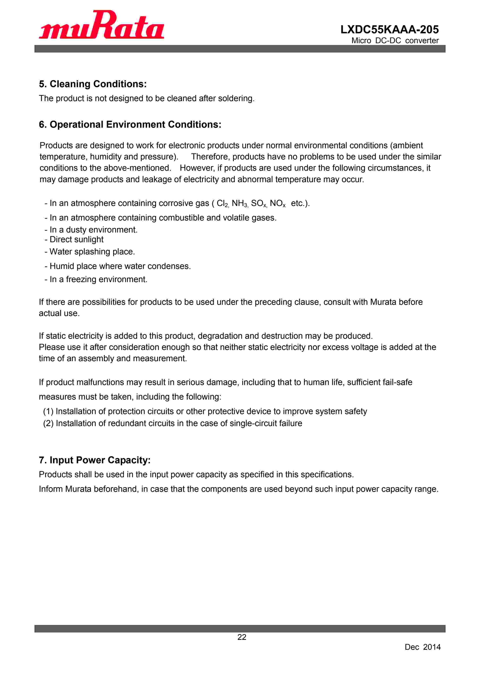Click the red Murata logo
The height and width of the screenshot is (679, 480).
click(101, 25)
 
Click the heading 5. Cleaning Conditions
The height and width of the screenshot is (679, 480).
click(93, 84)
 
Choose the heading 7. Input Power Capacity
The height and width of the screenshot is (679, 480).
click(94, 460)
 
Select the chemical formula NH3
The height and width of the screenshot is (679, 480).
click(239, 203)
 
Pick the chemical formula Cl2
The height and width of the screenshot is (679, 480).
click(222, 203)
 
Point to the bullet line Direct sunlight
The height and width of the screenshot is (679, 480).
click(76, 240)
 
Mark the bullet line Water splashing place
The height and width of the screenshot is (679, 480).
click(92, 252)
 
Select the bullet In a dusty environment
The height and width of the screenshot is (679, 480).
click(93, 230)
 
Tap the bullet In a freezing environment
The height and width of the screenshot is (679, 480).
click(98, 279)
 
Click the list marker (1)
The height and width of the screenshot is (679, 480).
click(48, 411)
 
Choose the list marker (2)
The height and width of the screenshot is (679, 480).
click(48, 423)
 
